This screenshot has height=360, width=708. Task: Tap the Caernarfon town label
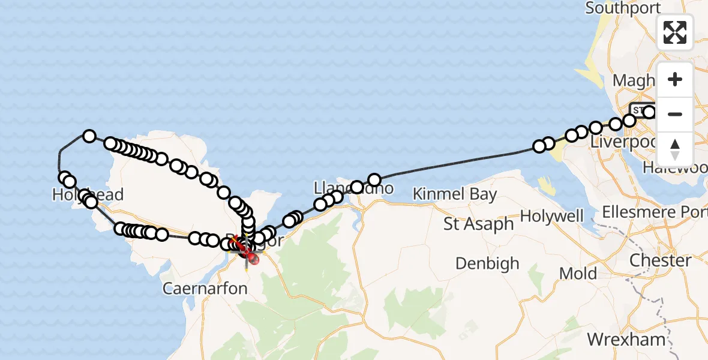coord(205,289)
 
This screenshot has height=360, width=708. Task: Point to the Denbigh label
coord(486,263)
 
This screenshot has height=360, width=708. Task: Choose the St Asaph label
coord(479,224)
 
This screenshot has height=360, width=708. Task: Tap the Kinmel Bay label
coord(455,194)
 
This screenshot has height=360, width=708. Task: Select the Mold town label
coord(578,274)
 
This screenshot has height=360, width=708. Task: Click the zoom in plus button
coord(675,79)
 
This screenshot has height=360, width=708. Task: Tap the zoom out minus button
coord(675,114)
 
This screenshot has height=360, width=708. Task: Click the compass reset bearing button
coord(675,149)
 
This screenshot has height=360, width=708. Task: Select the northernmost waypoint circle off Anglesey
coord(89,136)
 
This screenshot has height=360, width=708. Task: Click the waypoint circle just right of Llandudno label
coord(374,179)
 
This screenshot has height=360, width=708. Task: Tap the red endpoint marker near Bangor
coord(251,259)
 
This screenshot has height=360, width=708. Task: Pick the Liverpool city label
coord(624,142)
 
